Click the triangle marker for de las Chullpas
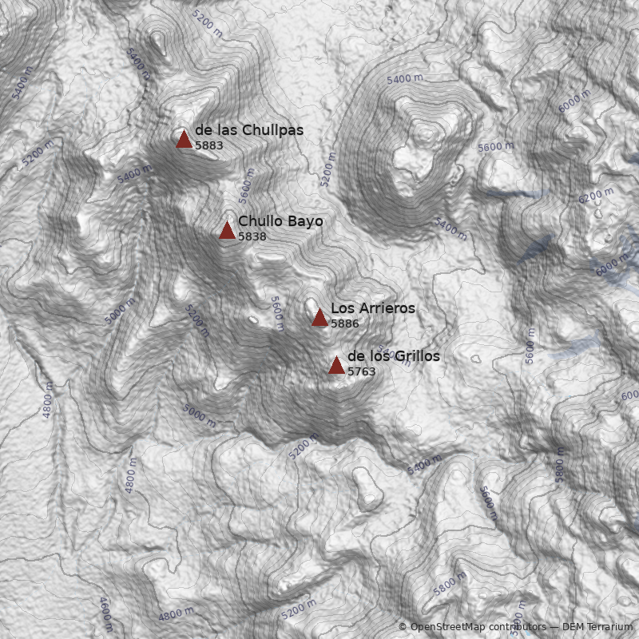point(184,140)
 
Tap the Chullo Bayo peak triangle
point(227,231)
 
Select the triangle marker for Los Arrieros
point(319,318)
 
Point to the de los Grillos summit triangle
point(336,366)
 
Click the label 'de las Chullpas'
point(248,130)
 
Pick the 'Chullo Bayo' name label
point(280,221)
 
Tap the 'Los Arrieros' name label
point(372,308)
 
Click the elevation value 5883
point(208,146)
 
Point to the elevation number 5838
point(252,237)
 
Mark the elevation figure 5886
point(345,324)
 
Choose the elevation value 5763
point(361,372)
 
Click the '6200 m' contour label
point(596,196)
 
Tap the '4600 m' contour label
point(105,613)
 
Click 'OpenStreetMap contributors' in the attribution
point(478,627)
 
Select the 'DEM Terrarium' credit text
point(597,627)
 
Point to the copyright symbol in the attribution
point(403,627)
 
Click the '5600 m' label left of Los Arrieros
point(277,313)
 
